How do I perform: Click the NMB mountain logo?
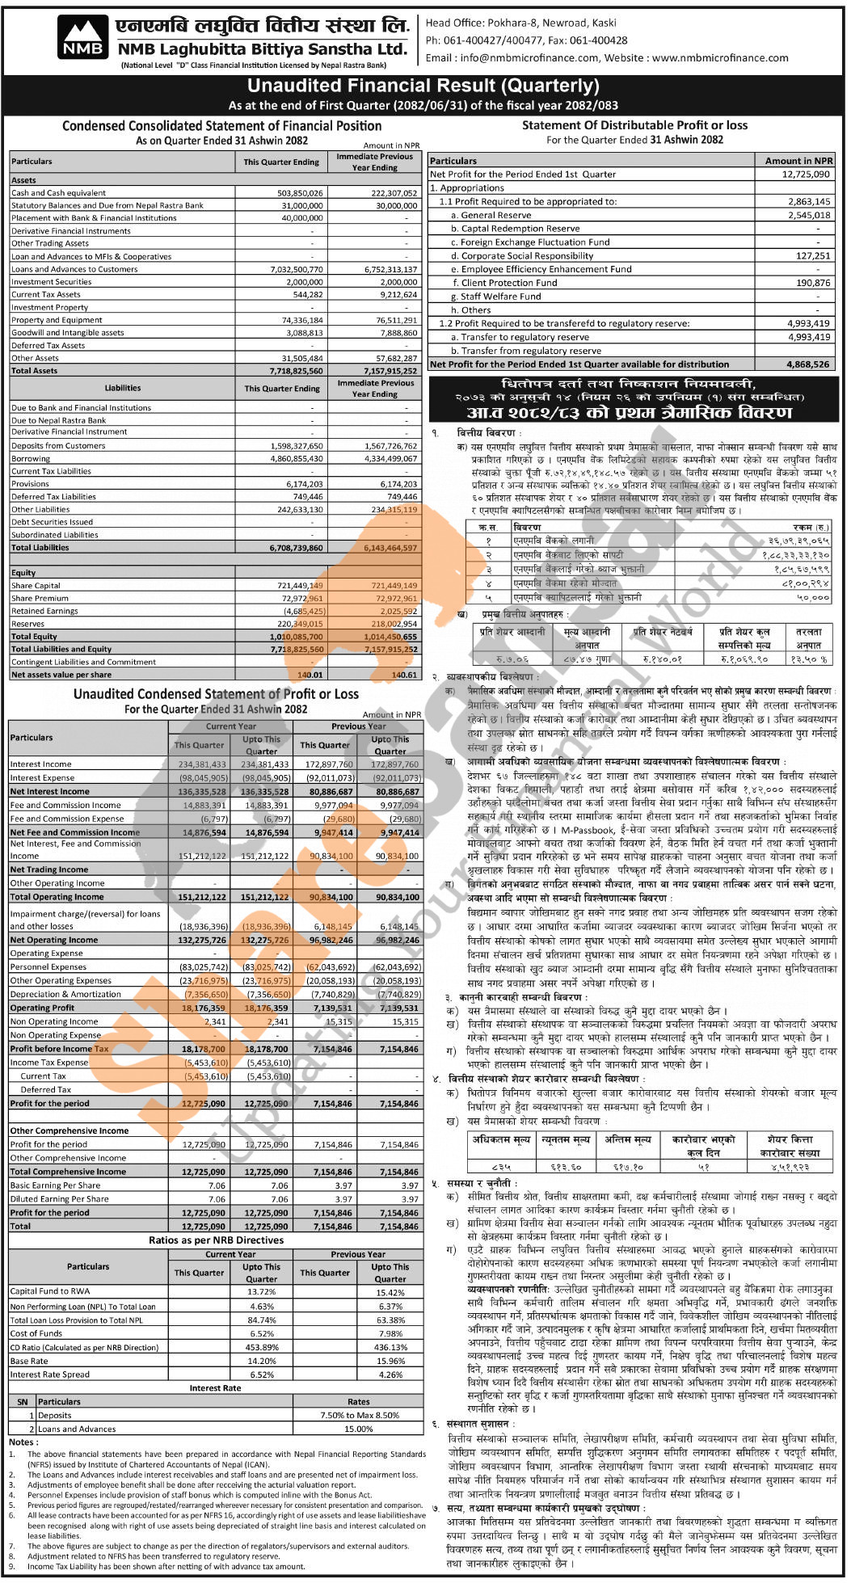[x=83, y=39]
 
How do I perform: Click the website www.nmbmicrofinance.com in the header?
[x=720, y=58]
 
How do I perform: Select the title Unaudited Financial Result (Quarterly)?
[x=423, y=86]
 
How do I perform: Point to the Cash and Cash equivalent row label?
[x=59, y=193]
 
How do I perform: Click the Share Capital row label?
[x=36, y=586]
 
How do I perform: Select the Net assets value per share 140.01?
[x=310, y=675]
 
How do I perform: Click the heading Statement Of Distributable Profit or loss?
[x=634, y=125]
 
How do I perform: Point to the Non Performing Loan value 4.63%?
[x=262, y=1307]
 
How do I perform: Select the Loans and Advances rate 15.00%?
[x=359, y=1429]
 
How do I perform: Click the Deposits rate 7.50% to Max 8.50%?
[x=360, y=1415]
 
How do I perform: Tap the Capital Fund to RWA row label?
[x=51, y=1291]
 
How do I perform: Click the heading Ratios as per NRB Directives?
[x=216, y=1240]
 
